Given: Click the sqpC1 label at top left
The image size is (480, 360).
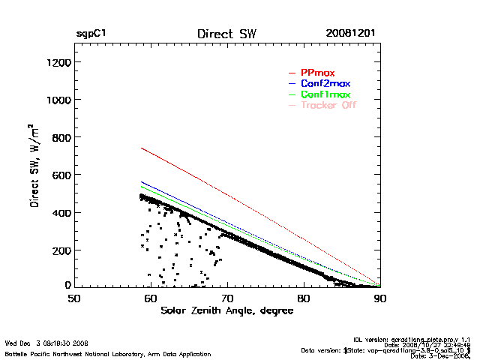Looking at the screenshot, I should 91,34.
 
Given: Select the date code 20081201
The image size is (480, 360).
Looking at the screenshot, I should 351,34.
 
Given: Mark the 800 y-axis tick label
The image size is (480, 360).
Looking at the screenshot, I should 61,137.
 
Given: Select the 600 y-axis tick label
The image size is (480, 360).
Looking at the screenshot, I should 61,175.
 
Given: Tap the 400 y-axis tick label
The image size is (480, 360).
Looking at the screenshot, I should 61,212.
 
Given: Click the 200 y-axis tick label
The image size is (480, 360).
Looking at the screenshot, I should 61,250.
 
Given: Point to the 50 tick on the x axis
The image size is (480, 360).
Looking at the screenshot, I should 74,298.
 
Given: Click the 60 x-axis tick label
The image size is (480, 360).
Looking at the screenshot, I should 151,298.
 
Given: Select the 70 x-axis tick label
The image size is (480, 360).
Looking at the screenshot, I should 227,298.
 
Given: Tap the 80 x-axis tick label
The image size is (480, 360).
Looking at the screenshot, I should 304,298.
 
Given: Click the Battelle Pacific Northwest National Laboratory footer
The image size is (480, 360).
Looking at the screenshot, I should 107,353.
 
